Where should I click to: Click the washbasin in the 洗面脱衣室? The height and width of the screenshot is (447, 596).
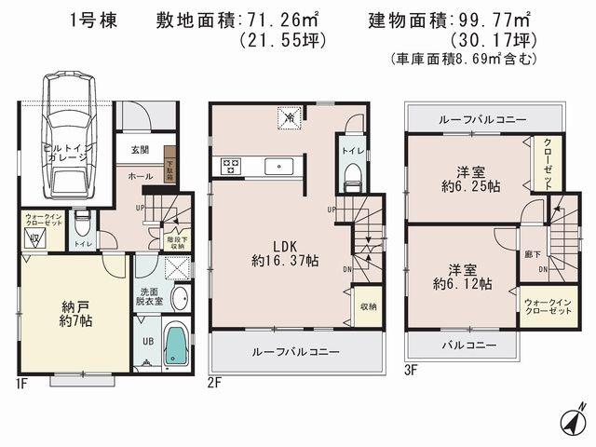179,300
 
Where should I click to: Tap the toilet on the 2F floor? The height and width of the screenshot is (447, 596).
353,175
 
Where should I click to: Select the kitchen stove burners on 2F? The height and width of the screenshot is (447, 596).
231,166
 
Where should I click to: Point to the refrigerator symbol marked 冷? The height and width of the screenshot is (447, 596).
289,118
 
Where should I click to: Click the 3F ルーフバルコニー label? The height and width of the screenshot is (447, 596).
482,120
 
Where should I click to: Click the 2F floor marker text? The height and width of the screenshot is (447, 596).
215,382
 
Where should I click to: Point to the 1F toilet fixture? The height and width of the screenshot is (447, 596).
82,225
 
